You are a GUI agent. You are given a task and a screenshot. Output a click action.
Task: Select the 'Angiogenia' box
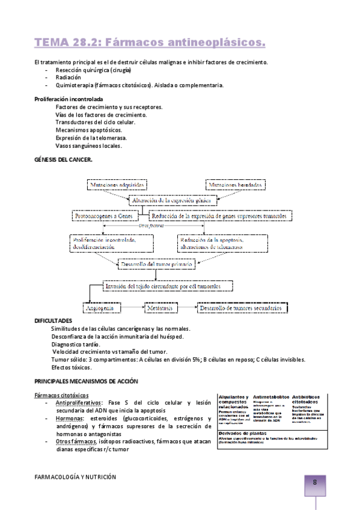(102, 308)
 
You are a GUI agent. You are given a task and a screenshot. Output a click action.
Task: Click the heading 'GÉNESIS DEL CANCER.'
(63, 159)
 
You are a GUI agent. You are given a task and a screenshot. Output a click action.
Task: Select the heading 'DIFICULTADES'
(53, 321)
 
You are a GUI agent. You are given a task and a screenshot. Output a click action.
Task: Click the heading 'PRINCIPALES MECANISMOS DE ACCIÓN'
(86, 381)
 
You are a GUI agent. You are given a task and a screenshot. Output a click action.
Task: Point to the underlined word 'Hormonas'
(67, 418)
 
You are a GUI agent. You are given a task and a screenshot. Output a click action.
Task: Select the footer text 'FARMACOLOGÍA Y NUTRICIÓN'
(75, 476)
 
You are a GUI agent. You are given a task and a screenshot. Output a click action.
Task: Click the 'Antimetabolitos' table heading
(270, 398)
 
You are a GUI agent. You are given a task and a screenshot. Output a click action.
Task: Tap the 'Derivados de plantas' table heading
(243, 433)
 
